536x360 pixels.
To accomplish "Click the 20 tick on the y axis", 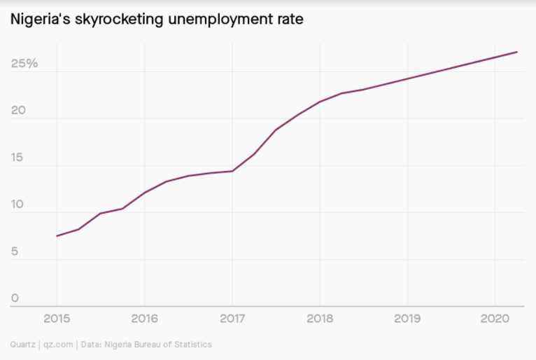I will coord(17,111).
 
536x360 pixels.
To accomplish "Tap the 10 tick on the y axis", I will coord(17,205).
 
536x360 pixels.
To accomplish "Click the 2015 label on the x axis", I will coord(57,319).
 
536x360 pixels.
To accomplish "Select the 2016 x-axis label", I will coord(144,319).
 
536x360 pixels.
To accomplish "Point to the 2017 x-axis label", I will coord(232,319).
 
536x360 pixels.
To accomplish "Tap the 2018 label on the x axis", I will coord(320,319).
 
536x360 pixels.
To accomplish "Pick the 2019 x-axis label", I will coord(407,319).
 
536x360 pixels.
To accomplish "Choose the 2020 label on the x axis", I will coord(495,319).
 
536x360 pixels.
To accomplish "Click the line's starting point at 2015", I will coord(57,236).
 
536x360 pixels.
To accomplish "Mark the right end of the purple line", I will coord(517,52).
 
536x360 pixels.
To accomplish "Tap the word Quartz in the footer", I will coord(22,345).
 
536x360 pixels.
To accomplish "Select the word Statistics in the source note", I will coord(192,345).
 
